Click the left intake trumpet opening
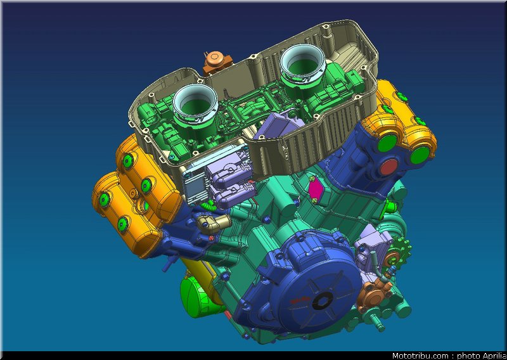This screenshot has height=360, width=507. [x=195, y=103]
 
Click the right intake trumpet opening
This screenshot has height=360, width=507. [x=303, y=64]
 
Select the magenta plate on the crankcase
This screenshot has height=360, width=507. [x=314, y=190]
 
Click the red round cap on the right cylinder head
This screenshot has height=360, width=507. [x=388, y=167]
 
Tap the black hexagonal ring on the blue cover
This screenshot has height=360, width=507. [x=323, y=301]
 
